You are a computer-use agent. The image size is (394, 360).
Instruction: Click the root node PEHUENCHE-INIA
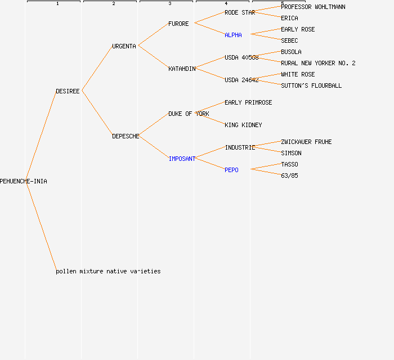pos(24,181)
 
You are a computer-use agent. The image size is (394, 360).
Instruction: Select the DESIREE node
pos(68,91)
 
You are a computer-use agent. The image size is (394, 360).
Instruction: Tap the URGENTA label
pos(124,46)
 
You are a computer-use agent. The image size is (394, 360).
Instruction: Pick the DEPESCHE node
pos(126,136)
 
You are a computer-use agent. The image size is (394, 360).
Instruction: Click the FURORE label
pos(178,24)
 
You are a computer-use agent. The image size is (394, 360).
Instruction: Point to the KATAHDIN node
pos(182,69)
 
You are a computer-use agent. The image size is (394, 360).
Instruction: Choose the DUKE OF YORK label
pos(189,114)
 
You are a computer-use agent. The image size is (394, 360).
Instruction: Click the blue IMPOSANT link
pos(182,159)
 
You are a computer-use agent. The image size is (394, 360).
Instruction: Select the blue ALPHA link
pos(233,35)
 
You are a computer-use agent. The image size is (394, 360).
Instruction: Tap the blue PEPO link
pos(231,170)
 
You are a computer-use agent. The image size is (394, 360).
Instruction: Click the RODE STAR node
pos(240,12)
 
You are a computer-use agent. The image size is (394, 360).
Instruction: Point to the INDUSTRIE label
pos(240,147)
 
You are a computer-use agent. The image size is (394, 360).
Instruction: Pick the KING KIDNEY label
pos(243,125)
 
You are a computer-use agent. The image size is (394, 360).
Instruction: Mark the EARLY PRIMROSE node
pos(248,102)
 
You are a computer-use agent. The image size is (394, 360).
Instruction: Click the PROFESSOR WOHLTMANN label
pos(313,7)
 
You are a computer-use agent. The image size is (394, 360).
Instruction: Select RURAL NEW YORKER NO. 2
pos(318,63)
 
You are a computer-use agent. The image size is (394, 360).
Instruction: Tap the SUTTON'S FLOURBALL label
pos(311,85)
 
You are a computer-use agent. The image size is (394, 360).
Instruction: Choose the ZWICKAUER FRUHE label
pos(306,142)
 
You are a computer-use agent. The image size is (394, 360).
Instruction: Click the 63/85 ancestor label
pos(289,175)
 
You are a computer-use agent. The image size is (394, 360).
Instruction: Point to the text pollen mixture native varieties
pos(108,271)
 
